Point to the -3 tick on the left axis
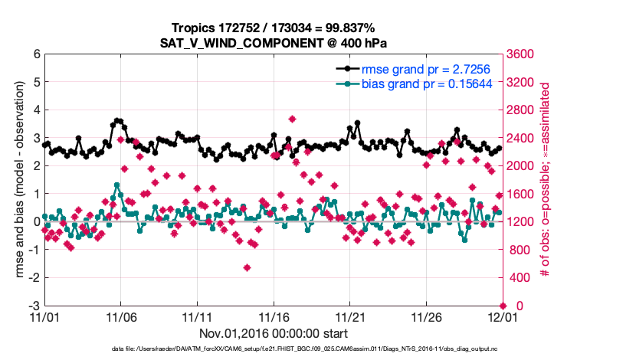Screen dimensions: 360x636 click(34, 306)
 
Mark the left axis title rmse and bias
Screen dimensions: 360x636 click(15, 180)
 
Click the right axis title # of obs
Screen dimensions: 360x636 click(545, 180)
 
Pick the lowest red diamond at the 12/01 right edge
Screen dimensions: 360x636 click(503, 306)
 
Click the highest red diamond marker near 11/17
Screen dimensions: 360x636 click(292, 119)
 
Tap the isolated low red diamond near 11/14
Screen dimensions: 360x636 click(247, 267)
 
